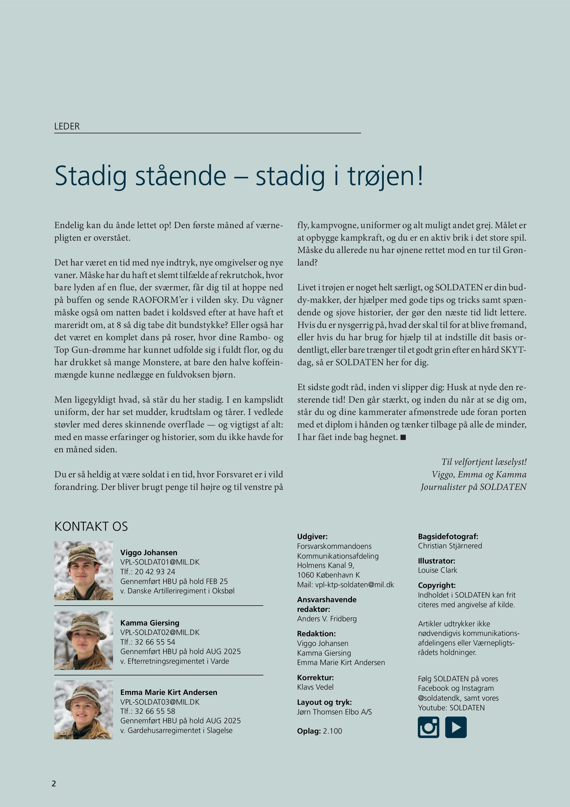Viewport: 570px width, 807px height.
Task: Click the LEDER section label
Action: (67, 126)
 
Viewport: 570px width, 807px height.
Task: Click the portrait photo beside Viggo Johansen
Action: (84, 571)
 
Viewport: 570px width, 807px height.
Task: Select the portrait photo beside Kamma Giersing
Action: (84, 640)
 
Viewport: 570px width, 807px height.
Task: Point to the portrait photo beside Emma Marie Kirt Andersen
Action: (84, 710)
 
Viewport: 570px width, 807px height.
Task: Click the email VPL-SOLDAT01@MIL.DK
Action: (160, 562)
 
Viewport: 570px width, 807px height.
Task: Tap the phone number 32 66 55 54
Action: (155, 642)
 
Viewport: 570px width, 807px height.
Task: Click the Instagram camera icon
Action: (428, 727)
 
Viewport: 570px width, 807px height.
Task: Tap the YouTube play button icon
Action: (456, 727)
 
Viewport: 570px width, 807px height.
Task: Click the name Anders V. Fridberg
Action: (327, 619)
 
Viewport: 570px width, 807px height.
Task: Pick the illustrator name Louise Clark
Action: (437, 570)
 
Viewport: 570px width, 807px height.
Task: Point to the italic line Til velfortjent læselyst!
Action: (484, 462)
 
